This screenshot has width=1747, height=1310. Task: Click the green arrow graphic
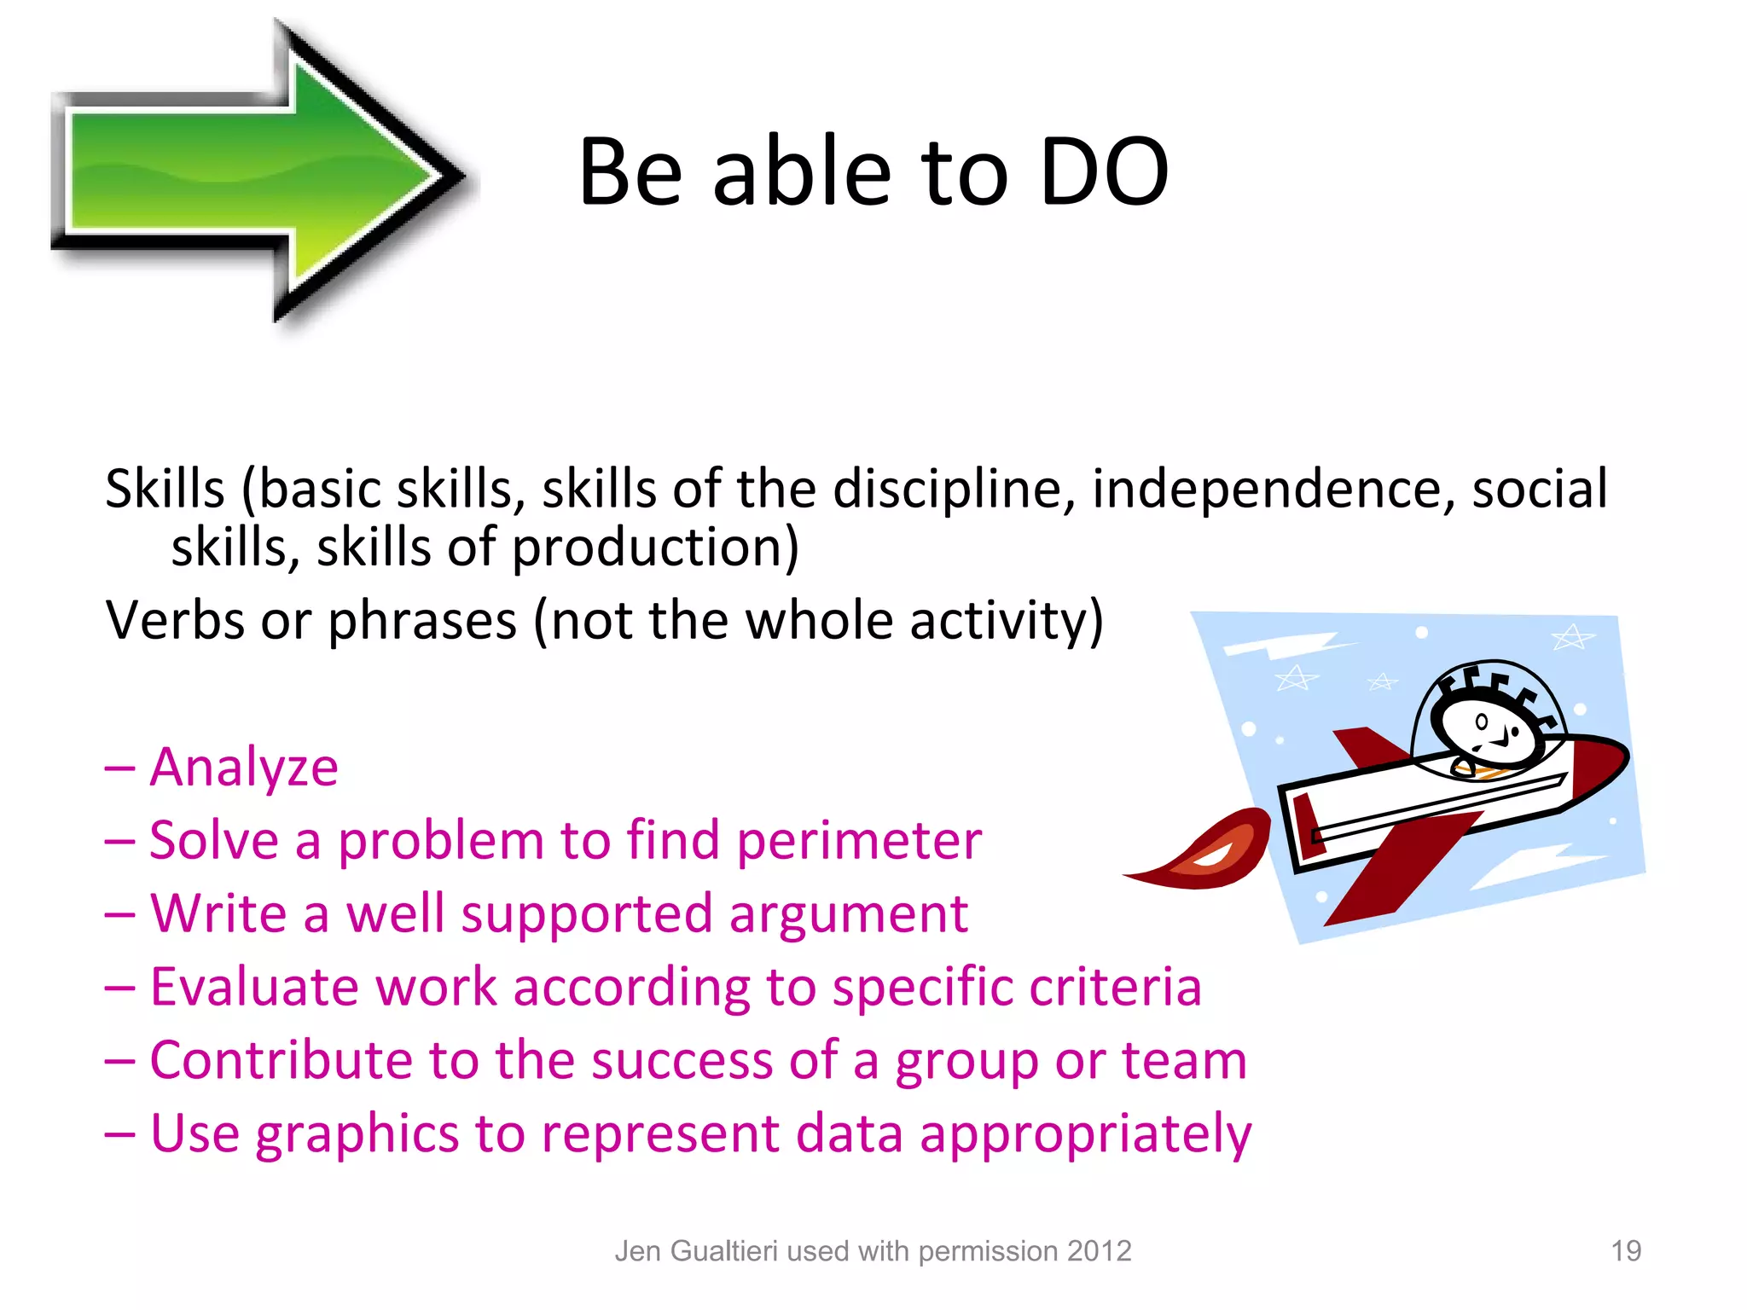tap(256, 171)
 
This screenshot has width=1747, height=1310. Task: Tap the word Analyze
tap(244, 767)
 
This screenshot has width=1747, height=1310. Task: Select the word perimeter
tap(859, 841)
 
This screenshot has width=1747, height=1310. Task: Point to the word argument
tap(848, 914)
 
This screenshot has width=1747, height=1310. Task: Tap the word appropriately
tap(1085, 1135)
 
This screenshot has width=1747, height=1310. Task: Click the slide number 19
tap(1625, 1251)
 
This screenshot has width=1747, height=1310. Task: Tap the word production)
tap(654, 548)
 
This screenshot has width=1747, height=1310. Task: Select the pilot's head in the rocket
tap(1484, 725)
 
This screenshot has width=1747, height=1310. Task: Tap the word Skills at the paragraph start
tap(165, 490)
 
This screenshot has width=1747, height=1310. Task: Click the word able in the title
tap(802, 173)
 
